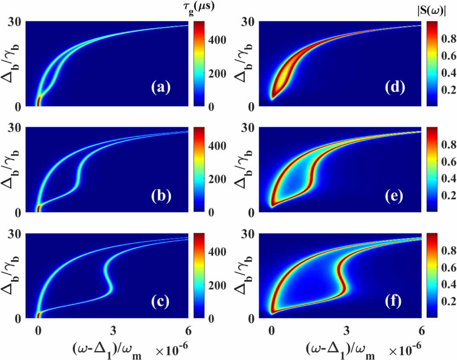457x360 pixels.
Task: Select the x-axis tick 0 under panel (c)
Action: click(x=38, y=330)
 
